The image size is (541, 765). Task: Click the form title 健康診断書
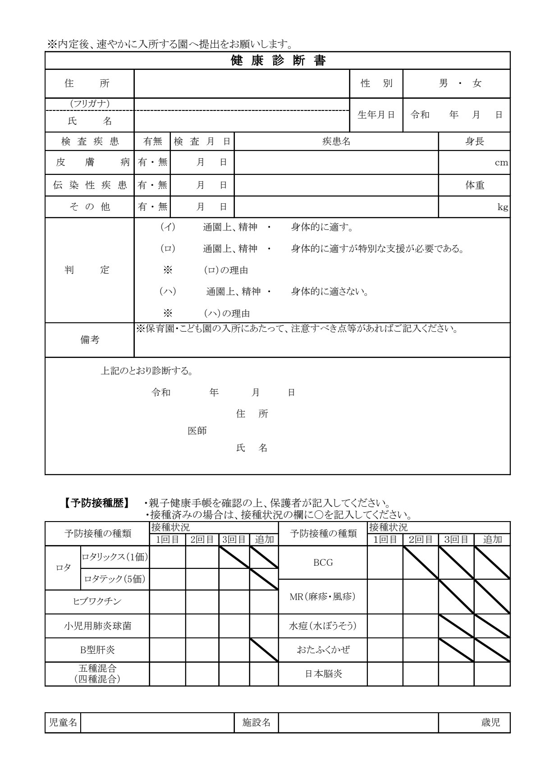(x=278, y=60)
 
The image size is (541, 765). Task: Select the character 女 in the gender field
(x=477, y=83)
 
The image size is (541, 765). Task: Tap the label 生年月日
(x=376, y=115)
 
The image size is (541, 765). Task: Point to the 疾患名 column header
(x=336, y=141)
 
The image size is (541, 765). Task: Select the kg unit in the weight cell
(x=503, y=207)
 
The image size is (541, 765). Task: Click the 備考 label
(x=90, y=340)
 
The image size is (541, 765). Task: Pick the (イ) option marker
(x=168, y=227)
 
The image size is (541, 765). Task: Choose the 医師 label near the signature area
(x=197, y=431)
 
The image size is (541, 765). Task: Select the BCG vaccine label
(x=323, y=562)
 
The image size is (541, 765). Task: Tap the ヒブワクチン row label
(x=97, y=601)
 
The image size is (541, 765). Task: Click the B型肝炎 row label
(x=97, y=650)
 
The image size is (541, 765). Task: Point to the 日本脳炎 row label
(x=323, y=674)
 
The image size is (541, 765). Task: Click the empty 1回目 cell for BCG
(x=385, y=562)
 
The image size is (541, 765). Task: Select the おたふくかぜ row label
(x=323, y=650)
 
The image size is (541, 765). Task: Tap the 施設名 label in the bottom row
(x=257, y=723)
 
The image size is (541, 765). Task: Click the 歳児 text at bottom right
(x=491, y=723)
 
